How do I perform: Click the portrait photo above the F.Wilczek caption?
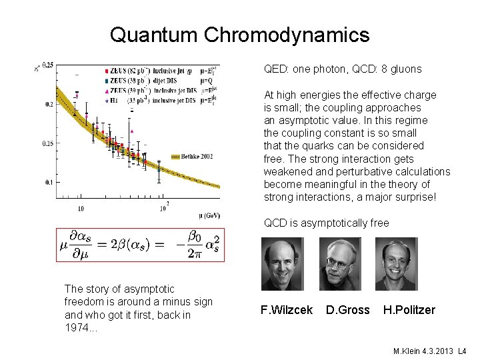point(286,263)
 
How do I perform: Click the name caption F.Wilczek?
point(286,310)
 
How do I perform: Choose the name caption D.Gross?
point(347,310)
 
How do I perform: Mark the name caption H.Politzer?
point(409,310)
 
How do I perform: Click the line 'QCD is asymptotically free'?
point(326,223)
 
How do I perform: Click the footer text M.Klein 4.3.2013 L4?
point(429,350)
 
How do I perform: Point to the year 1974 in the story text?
point(78,327)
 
